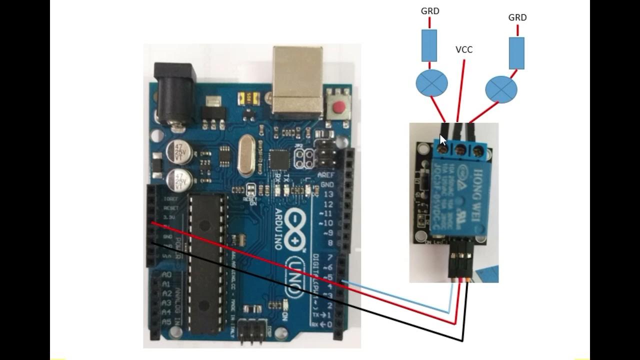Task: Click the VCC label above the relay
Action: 464,49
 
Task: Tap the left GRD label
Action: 430,11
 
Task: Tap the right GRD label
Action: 517,17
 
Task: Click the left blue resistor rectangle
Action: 429,45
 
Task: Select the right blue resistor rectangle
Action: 516,53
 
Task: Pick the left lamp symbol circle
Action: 431,83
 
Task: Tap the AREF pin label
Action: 325,175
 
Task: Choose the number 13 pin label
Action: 328,194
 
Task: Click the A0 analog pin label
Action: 167,275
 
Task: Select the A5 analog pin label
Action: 167,321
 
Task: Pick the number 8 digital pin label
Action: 329,243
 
